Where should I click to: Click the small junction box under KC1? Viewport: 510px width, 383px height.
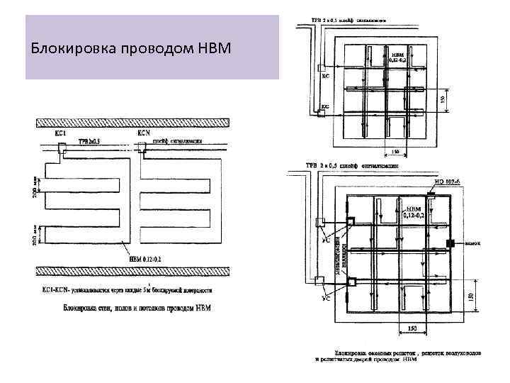click(62, 150)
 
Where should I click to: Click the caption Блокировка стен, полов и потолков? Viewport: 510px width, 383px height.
click(137, 309)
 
